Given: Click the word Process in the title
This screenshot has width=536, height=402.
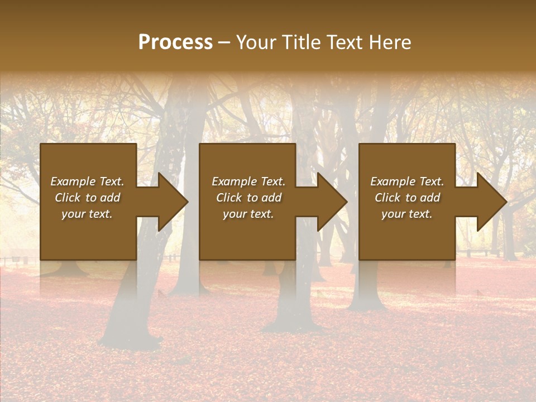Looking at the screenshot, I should pyautogui.click(x=175, y=42).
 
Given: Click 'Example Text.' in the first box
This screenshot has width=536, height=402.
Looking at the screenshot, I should pyautogui.click(x=87, y=181).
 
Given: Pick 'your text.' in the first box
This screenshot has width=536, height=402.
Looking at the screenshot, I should pyautogui.click(x=87, y=214).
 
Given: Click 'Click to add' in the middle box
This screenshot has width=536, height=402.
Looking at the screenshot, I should pyautogui.click(x=248, y=198).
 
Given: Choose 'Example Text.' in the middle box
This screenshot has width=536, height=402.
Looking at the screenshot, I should pyautogui.click(x=248, y=181).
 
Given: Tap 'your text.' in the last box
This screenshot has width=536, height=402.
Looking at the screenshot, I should pyautogui.click(x=407, y=214).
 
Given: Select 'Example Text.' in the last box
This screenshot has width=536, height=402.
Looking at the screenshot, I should pyautogui.click(x=407, y=181).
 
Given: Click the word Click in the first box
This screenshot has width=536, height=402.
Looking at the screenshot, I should pyautogui.click(x=68, y=198).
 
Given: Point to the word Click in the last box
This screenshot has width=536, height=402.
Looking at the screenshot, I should pyautogui.click(x=387, y=198).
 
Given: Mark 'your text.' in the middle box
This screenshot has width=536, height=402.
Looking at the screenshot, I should pyautogui.click(x=248, y=214).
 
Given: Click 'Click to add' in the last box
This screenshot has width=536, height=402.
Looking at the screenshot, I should pyautogui.click(x=407, y=198).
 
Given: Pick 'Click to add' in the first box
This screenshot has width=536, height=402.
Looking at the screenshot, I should pyautogui.click(x=87, y=198).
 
